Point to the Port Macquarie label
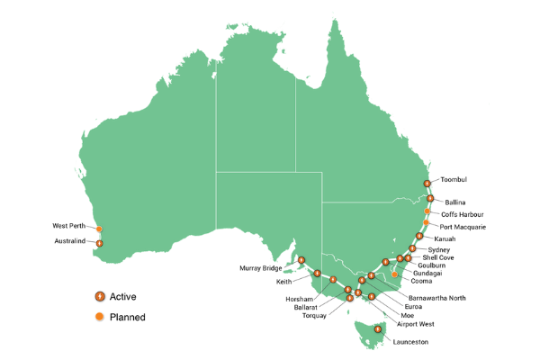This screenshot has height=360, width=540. tap(463, 228)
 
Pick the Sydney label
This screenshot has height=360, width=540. tap(439, 249)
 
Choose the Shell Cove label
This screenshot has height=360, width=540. tap(436, 257)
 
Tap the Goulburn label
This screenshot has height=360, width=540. tap(432, 266)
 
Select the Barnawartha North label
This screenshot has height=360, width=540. tap(436, 296)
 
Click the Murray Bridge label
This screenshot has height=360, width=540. tap(261, 268)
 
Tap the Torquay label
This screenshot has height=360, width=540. tap(315, 316)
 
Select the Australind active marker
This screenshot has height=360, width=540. tap(100, 243)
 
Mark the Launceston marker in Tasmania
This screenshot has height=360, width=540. tap(378, 329)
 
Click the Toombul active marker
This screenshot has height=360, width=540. tap(427, 184)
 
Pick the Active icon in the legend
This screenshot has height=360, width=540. tap(100, 296)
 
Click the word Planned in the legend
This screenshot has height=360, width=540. tap(127, 317)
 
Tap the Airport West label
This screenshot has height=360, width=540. tap(416, 323)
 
